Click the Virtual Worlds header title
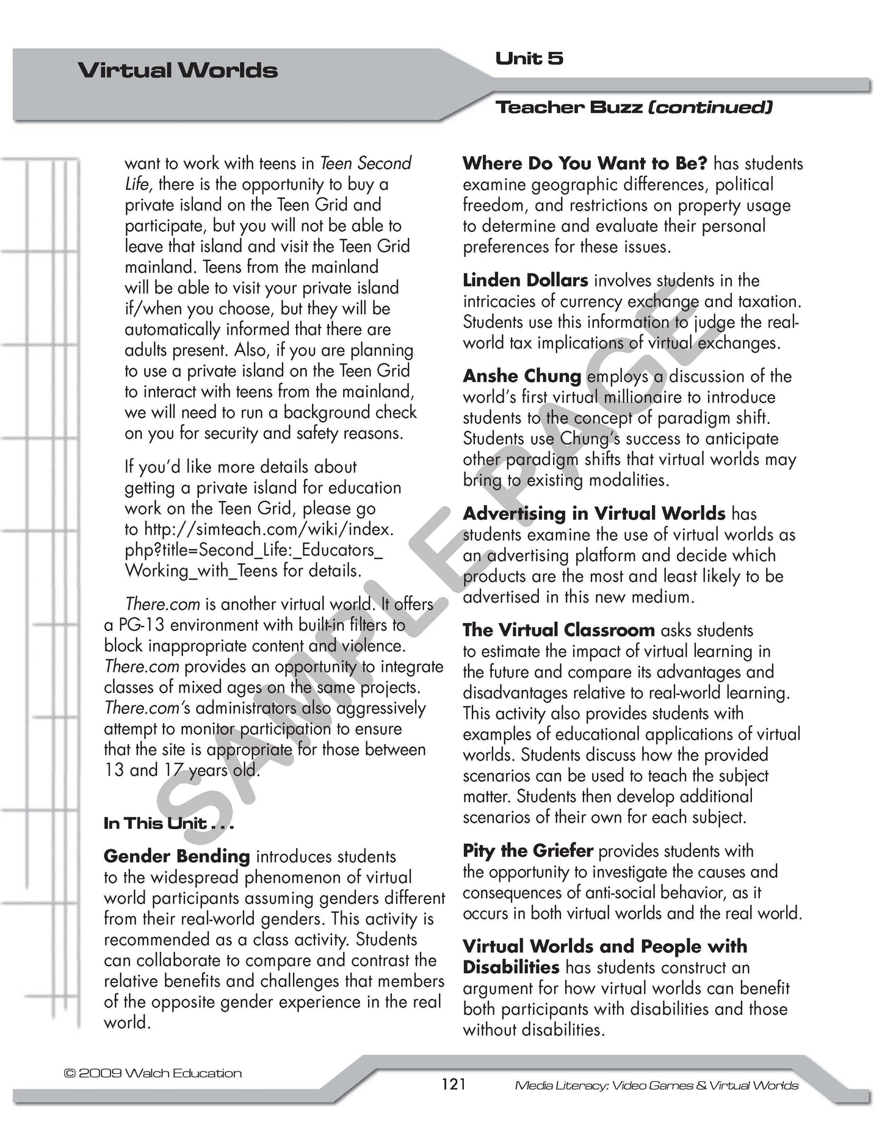point(177,71)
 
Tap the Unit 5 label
point(529,59)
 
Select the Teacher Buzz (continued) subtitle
point(634,107)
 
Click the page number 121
point(453,1084)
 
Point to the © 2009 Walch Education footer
point(153,1073)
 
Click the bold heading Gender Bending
point(177,856)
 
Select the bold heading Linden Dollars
point(525,280)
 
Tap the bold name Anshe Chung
point(522,376)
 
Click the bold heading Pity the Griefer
point(527,851)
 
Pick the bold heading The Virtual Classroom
point(558,630)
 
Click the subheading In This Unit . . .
point(168,823)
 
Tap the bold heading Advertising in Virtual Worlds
point(594,513)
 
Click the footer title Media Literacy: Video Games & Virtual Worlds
point(656,1085)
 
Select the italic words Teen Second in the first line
point(366,164)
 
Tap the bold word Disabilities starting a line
point(511,967)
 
